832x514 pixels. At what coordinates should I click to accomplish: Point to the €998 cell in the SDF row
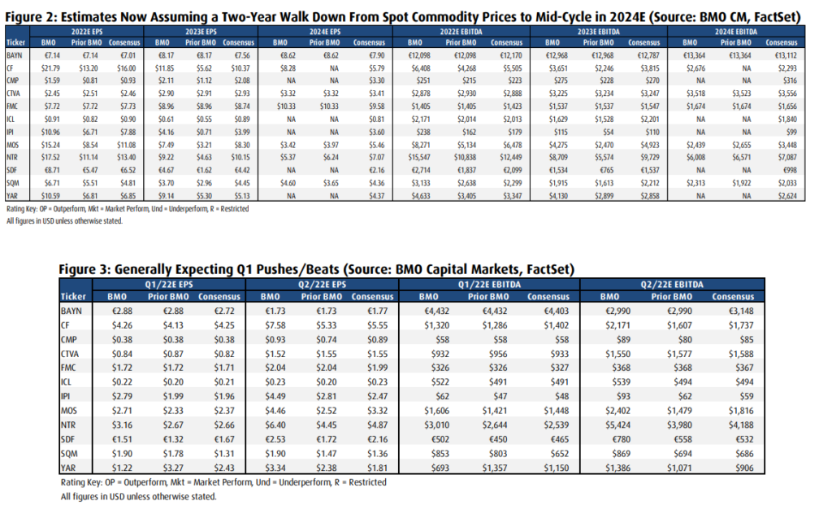pos(790,170)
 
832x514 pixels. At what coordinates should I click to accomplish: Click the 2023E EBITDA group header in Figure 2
pos(598,32)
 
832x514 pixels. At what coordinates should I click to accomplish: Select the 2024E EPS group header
pos(325,32)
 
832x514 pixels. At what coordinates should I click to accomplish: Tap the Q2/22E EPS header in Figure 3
pos(322,285)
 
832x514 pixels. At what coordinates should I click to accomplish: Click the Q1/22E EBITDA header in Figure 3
pos(489,285)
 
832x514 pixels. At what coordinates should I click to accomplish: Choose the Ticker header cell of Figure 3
pos(73,297)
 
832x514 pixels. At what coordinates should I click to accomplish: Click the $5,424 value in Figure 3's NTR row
pos(617,425)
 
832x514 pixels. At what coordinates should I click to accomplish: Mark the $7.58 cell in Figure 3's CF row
pos(275,325)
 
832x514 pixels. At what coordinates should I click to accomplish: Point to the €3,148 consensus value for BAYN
pos(741,311)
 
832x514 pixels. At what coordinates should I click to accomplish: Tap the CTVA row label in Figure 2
pos(13,94)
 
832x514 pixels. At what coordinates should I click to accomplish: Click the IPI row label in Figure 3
pos(66,396)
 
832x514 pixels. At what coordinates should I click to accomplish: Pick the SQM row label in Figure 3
pos(69,454)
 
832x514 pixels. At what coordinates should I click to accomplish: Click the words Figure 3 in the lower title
pos(84,269)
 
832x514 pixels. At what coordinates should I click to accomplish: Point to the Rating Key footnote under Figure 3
pos(223,482)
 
